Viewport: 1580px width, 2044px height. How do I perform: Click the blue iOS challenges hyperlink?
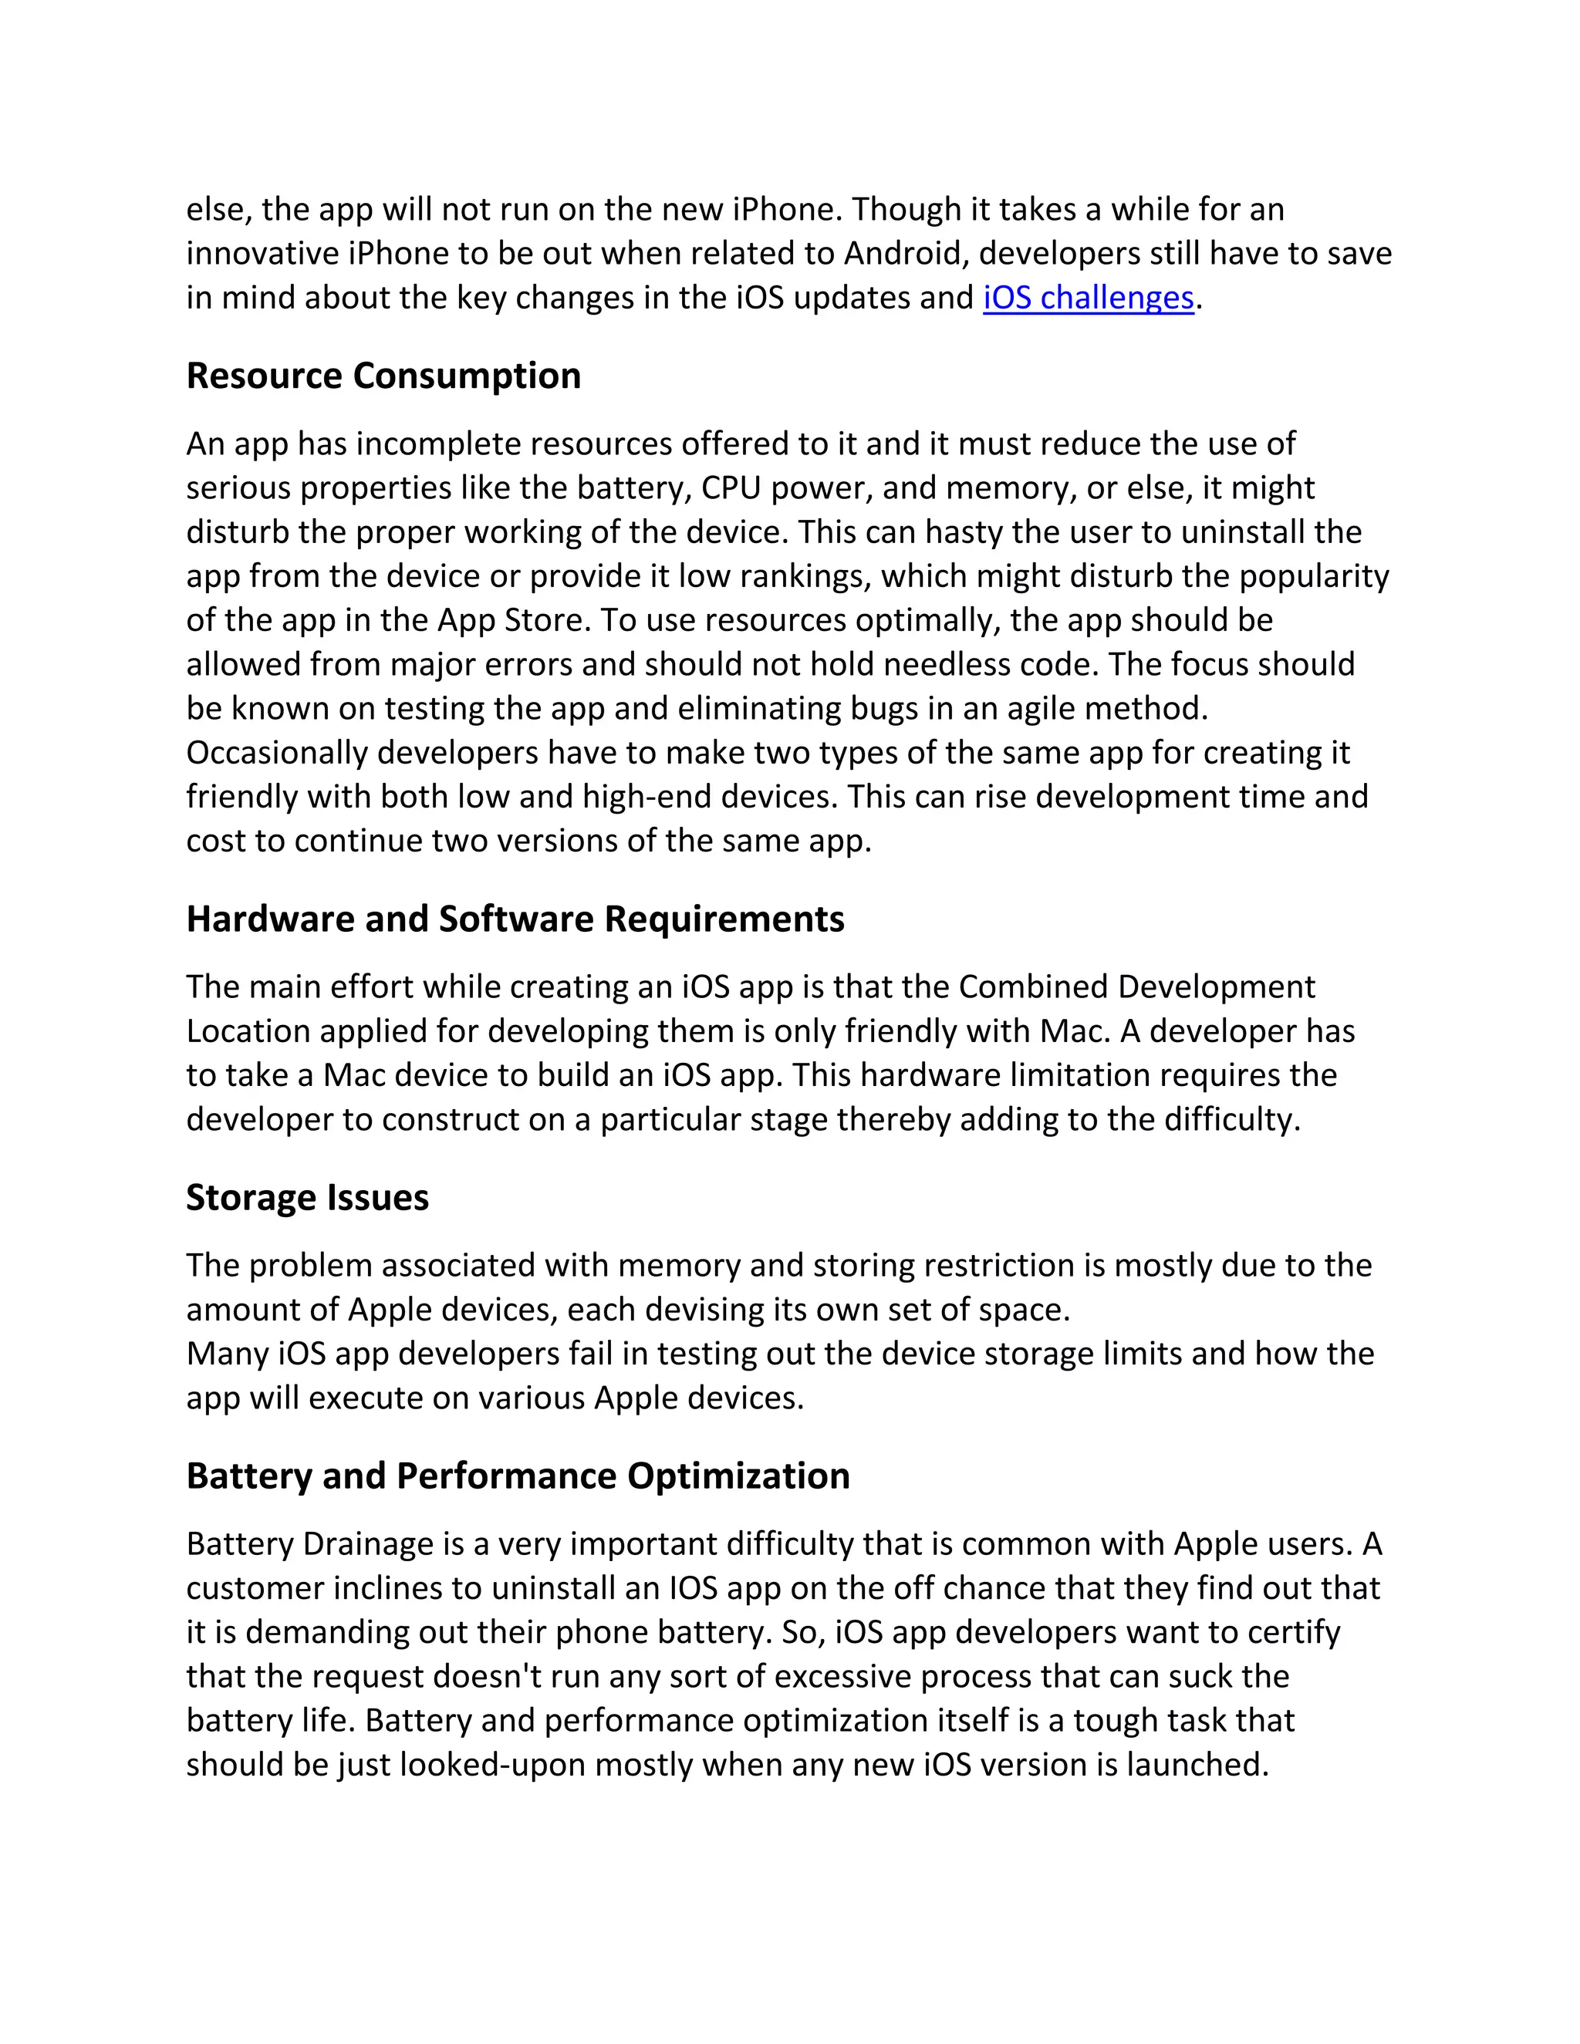[1088, 298]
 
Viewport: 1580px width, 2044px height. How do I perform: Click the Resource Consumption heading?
[383, 376]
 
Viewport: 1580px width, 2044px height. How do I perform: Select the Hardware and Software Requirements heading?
[515, 919]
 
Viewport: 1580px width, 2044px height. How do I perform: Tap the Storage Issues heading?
[307, 1197]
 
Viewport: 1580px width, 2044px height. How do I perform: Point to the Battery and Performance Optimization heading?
[518, 1476]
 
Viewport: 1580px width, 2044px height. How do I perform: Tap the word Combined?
[1032, 987]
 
